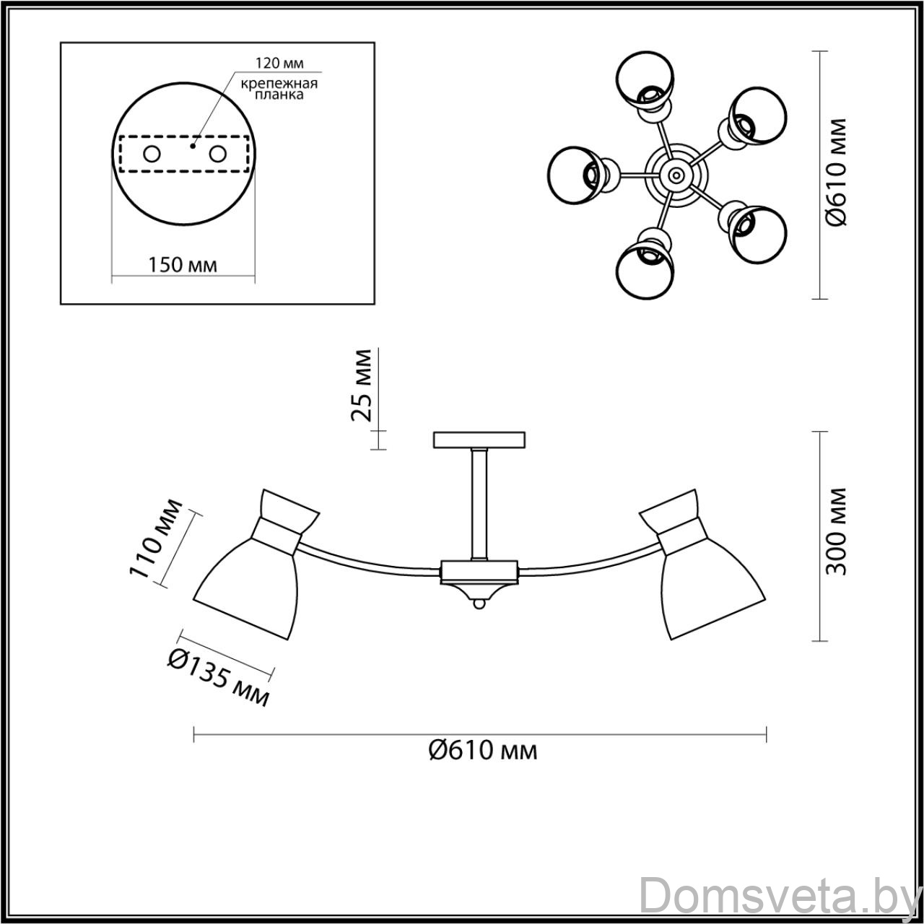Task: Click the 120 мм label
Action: coord(279,63)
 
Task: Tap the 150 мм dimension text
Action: coord(182,265)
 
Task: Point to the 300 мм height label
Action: coord(836,531)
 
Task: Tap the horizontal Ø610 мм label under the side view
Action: coord(483,751)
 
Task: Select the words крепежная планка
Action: coord(279,89)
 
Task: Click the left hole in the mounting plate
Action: coord(152,154)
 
